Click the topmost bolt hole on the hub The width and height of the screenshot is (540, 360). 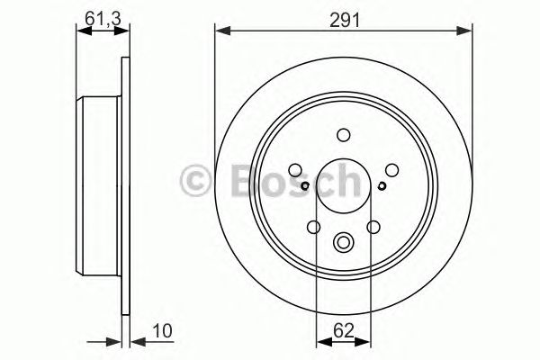click(343, 135)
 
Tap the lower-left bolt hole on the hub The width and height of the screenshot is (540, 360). click(313, 228)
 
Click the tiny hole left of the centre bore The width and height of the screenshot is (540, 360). click(305, 186)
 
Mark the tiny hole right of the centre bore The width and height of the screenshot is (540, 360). click(382, 186)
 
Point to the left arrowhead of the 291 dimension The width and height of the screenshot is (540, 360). click(220, 31)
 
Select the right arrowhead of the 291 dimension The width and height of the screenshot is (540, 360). click(468, 31)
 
